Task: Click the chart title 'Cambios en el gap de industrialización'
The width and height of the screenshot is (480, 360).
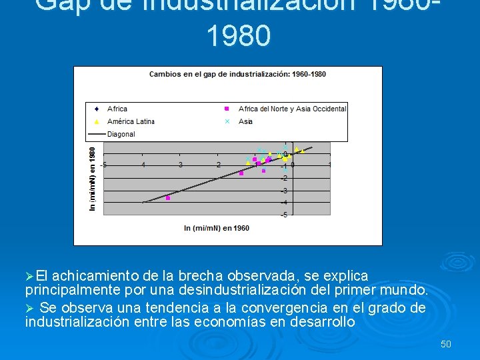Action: click(237, 74)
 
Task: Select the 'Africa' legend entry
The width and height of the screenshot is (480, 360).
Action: click(117, 109)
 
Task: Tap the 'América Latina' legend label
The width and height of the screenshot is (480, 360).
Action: click(131, 121)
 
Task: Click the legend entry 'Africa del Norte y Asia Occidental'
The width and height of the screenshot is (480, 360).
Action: click(292, 109)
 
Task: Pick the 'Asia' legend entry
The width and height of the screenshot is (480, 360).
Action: click(245, 121)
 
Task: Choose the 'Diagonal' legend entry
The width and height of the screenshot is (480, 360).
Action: click(121, 134)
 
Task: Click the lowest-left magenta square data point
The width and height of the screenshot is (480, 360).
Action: click(168, 198)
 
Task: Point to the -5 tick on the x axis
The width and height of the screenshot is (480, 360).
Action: click(104, 165)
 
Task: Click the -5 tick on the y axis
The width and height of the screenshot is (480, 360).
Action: click(284, 215)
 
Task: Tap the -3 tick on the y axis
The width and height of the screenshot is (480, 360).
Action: click(284, 191)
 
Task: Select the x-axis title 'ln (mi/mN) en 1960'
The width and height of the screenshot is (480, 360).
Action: click(217, 228)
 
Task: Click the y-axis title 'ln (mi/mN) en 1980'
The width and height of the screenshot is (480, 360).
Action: click(93, 179)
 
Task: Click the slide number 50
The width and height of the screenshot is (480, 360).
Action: click(446, 344)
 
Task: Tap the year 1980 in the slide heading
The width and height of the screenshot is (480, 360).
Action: click(239, 37)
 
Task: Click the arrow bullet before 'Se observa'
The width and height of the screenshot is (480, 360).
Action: click(29, 308)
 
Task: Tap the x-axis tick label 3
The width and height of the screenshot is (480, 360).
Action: click(181, 165)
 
